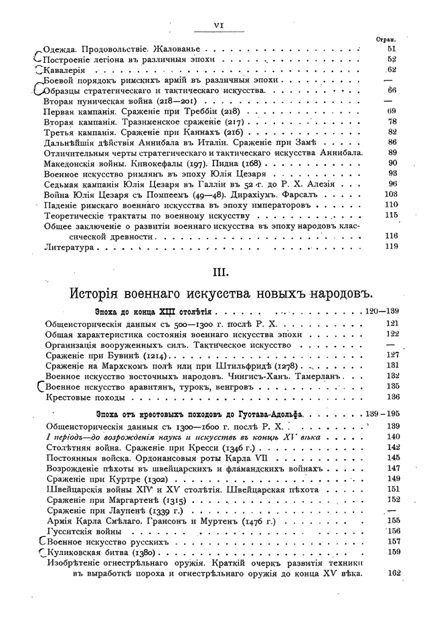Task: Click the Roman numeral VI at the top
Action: pyautogui.click(x=217, y=25)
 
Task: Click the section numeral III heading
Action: pyautogui.click(x=218, y=272)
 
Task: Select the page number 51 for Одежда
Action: pyautogui.click(x=392, y=49)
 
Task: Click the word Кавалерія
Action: pyautogui.click(x=65, y=70)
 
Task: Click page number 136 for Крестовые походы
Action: pyautogui.click(x=393, y=397)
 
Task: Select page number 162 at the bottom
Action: pyautogui.click(x=393, y=572)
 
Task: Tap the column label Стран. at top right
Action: pyautogui.click(x=387, y=39)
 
